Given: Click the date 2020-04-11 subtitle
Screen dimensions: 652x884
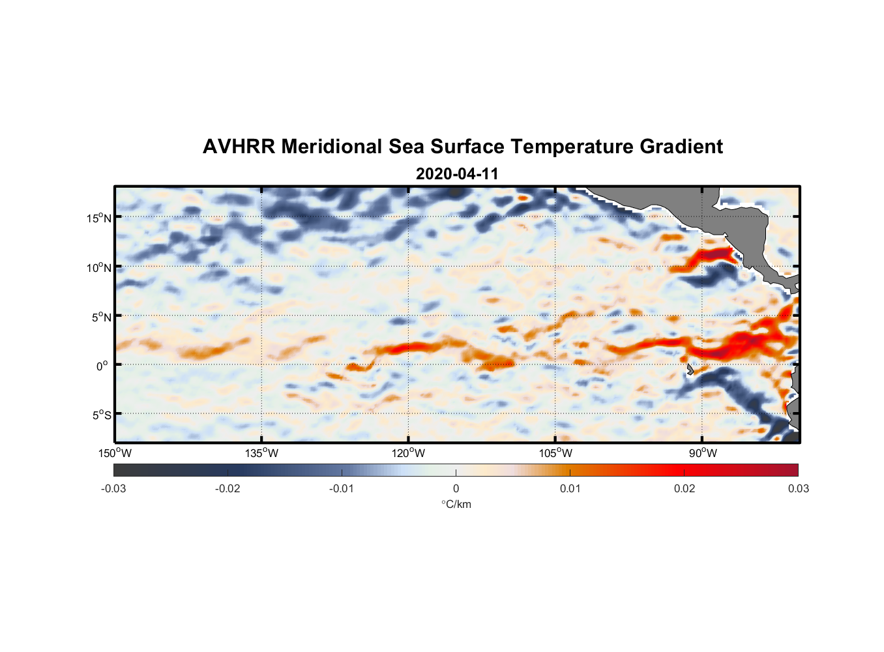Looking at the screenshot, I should pyautogui.click(x=457, y=174).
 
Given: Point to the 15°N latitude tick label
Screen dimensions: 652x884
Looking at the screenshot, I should pyautogui.click(x=99, y=218).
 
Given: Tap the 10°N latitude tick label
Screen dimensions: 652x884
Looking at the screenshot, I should pyautogui.click(x=99, y=267).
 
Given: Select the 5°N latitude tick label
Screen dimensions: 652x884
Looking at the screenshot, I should pyautogui.click(x=101, y=317).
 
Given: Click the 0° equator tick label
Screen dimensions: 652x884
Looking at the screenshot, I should pyautogui.click(x=102, y=366).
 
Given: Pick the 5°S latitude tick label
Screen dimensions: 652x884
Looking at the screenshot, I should pyautogui.click(x=101, y=415).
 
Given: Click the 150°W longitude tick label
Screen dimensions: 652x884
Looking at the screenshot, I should pyautogui.click(x=115, y=453).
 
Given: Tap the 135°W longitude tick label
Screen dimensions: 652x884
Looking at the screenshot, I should pyautogui.click(x=261, y=453).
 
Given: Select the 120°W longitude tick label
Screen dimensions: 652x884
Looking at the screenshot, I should pyautogui.click(x=408, y=453).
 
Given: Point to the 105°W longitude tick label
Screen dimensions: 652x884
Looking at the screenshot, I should pyautogui.click(x=555, y=453).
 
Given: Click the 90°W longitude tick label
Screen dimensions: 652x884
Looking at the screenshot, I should pyautogui.click(x=703, y=453).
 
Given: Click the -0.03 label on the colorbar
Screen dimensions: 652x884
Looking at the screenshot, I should pyautogui.click(x=113, y=488).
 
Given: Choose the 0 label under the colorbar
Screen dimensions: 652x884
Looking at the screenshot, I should pyautogui.click(x=456, y=488).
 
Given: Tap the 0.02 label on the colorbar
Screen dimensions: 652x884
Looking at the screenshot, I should pyautogui.click(x=685, y=488).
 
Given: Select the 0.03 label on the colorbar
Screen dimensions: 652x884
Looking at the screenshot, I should pyautogui.click(x=798, y=488).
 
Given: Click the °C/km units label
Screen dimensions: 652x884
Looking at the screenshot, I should pyautogui.click(x=456, y=504).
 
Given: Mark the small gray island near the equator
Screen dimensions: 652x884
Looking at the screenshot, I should pyautogui.click(x=690, y=370).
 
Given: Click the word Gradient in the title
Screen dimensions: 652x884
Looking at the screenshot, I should pyautogui.click(x=681, y=147).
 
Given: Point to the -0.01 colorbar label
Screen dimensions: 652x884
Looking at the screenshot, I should pyautogui.click(x=342, y=488).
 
